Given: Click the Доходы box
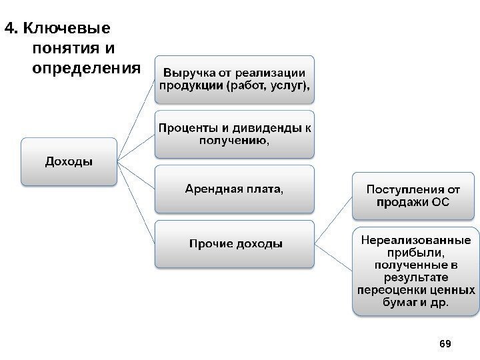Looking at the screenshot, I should pos(69,161).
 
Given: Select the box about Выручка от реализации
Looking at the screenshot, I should pos(235,79).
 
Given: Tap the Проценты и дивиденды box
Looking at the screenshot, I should pos(235,133).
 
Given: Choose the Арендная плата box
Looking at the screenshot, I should pos(234,189).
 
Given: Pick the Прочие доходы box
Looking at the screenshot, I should pos(234,243).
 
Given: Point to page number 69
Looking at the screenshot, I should pos(446,343).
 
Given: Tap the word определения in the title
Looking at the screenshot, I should pos(87,68).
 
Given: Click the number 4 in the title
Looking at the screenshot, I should pos(9,29).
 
